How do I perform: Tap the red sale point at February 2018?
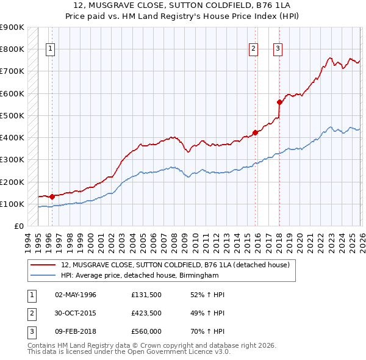[279, 102]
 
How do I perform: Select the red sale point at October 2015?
[255, 132]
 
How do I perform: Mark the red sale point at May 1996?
[52, 196]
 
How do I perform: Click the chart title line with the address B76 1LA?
[182, 5]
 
